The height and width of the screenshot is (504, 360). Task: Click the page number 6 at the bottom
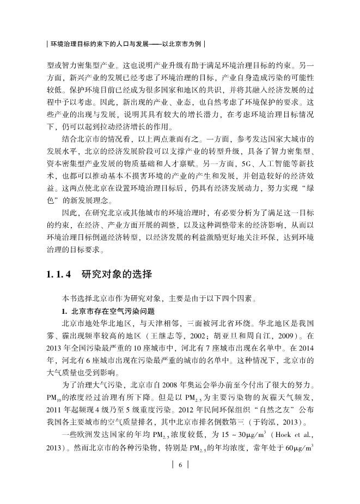point(180,464)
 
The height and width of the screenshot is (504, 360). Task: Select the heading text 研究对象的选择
point(116,274)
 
